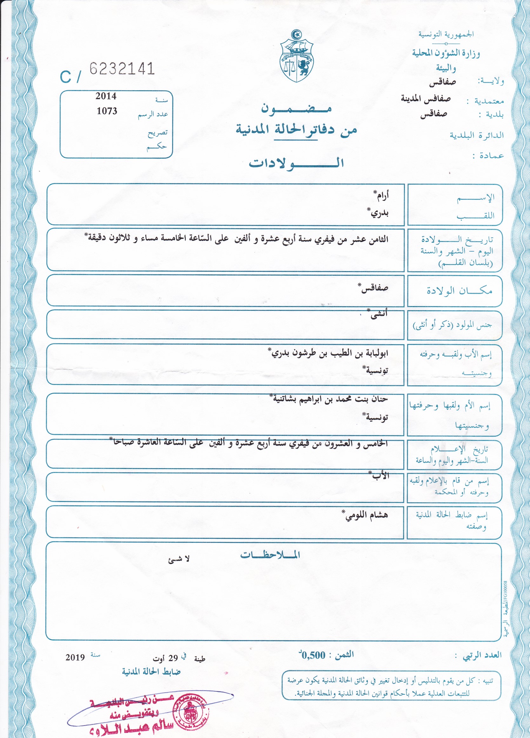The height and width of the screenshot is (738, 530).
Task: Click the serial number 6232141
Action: click(x=122, y=69)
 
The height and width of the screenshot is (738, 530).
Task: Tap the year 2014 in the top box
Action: click(x=106, y=96)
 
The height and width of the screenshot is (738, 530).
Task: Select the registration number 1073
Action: click(x=107, y=111)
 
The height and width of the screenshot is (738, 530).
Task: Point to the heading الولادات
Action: click(x=296, y=163)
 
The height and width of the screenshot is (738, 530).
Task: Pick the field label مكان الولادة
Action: click(x=459, y=290)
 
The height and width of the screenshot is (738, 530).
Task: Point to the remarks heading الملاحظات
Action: click(x=270, y=555)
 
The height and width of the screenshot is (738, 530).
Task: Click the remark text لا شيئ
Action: click(x=178, y=559)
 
